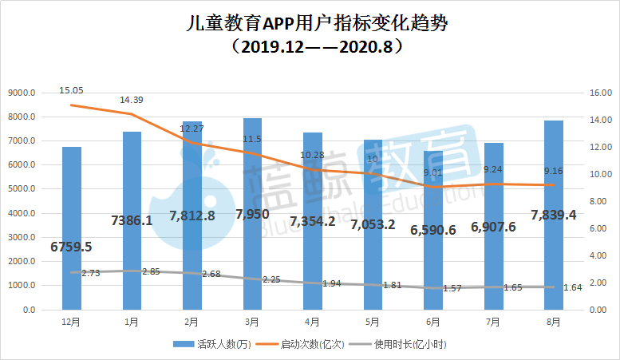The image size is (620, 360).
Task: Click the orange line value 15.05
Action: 72,90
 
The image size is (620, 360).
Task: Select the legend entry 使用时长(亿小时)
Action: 407,344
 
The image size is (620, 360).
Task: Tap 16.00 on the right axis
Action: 601,93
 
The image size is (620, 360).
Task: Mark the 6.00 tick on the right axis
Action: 601,228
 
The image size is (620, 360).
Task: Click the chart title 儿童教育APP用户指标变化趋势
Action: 310,23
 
